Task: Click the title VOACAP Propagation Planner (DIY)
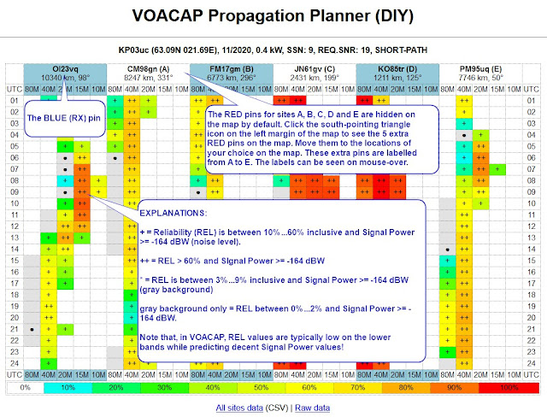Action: [x=273, y=15]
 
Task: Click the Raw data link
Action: [x=313, y=408]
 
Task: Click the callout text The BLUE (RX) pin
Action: [x=66, y=119]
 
